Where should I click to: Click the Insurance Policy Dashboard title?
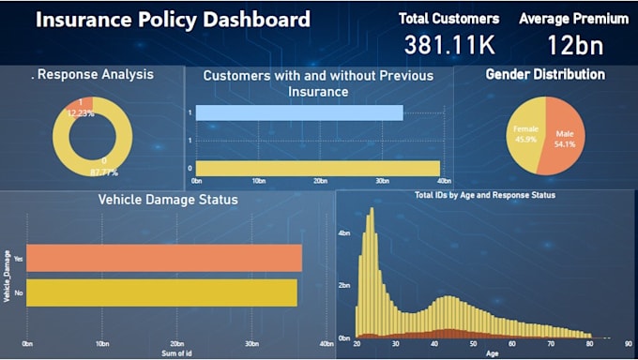point(173,20)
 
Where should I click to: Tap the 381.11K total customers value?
point(449,44)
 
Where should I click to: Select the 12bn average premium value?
point(573,44)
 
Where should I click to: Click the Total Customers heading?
point(448,18)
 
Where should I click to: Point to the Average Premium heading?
point(573,18)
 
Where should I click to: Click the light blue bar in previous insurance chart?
point(300,112)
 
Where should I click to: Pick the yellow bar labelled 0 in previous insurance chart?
point(317,168)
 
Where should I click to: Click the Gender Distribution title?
point(544,74)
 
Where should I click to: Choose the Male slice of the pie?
point(567,140)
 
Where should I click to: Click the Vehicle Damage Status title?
point(168,200)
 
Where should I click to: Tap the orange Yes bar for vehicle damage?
point(164,258)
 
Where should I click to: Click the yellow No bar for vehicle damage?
point(161,292)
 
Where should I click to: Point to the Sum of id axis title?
point(176,353)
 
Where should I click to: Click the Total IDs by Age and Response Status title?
point(485,195)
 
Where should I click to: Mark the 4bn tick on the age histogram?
point(344,232)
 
